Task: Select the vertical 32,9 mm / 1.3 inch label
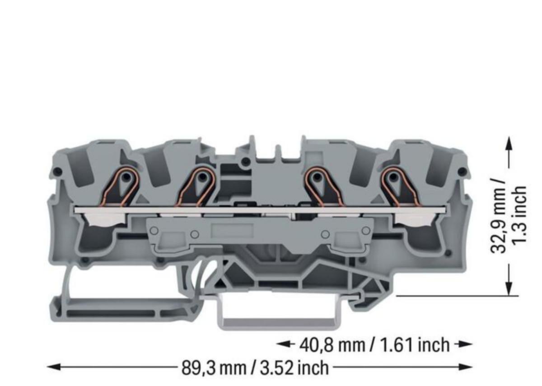pyautogui.click(x=508, y=219)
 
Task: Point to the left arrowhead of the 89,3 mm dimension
pyautogui.click(x=54, y=367)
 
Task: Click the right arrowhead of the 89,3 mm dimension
pyautogui.click(x=466, y=367)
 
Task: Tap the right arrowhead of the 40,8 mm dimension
pyautogui.click(x=466, y=344)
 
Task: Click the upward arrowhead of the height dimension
pyautogui.click(x=509, y=144)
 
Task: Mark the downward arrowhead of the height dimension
pyautogui.click(x=509, y=288)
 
